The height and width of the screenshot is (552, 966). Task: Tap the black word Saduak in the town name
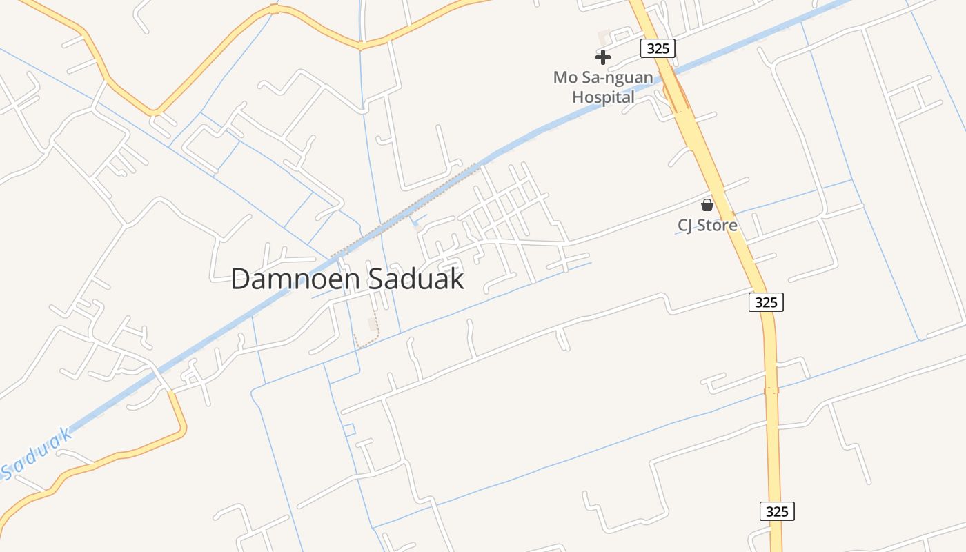[417, 279]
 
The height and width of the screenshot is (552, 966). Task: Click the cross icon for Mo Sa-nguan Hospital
[603, 57]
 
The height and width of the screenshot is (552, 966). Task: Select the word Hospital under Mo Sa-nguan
[603, 97]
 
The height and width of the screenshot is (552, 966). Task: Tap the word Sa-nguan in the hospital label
[619, 77]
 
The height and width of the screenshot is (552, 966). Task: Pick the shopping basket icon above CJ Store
[707, 205]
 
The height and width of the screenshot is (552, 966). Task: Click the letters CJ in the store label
[685, 226]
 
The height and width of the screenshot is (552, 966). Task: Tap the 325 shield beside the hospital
[657, 48]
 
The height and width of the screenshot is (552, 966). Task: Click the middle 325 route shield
[766, 302]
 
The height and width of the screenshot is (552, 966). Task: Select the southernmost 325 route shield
[777, 511]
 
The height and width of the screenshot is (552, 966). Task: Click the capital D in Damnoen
[240, 279]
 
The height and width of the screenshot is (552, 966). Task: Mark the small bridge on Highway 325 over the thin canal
[771, 391]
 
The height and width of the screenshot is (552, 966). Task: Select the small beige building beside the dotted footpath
[373, 324]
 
